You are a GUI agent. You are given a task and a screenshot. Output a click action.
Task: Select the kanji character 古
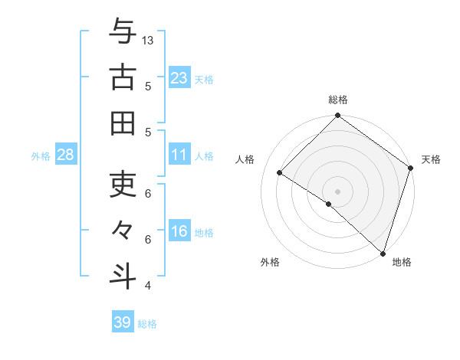123,77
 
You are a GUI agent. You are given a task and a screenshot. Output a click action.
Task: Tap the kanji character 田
123,123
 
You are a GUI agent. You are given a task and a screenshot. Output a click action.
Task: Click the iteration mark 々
123,230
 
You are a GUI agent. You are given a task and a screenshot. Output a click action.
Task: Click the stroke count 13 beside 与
149,39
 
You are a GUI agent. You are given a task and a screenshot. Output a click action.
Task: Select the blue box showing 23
179,77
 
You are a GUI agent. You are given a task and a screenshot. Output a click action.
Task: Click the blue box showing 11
179,155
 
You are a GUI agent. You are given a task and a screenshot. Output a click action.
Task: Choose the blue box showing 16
179,231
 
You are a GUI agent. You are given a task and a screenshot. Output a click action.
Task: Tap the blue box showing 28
66,155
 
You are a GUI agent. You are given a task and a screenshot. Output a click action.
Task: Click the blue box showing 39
123,322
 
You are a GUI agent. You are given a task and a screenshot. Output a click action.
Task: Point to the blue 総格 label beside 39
147,324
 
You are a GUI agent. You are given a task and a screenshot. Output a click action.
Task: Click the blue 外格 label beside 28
41,156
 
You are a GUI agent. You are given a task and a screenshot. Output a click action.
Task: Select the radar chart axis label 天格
431,159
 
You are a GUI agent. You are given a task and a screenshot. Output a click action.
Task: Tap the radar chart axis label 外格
270,263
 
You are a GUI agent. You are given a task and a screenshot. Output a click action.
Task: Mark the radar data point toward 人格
280,173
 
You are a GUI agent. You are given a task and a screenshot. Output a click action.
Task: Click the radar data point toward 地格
382,253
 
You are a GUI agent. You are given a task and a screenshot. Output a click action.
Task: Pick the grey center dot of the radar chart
337,191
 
